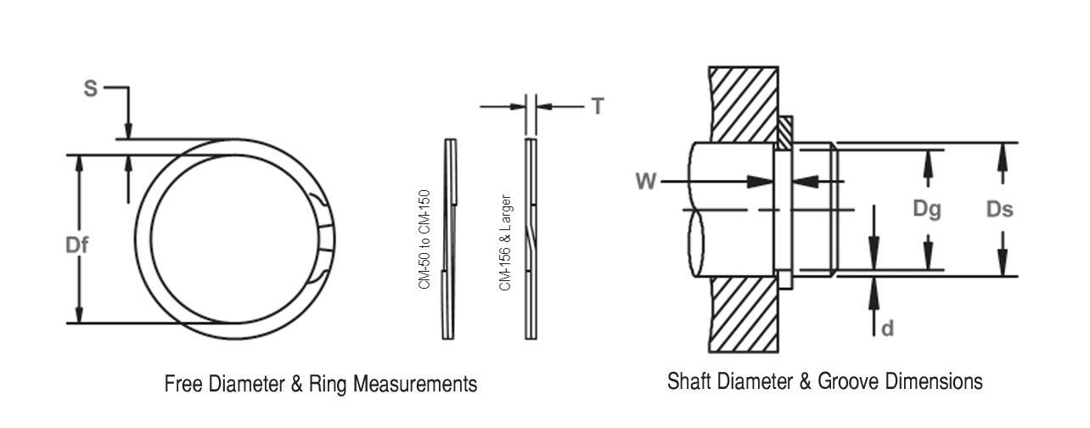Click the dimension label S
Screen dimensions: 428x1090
point(90,88)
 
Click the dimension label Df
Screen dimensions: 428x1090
point(77,245)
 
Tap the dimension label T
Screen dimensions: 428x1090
point(598,106)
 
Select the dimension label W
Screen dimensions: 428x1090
point(645,181)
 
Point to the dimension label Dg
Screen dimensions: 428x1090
point(928,209)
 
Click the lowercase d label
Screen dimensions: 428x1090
point(887,328)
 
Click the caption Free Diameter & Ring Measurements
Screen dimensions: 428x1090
point(320,384)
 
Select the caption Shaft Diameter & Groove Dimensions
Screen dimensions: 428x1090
point(825,381)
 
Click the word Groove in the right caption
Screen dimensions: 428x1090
point(850,381)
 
